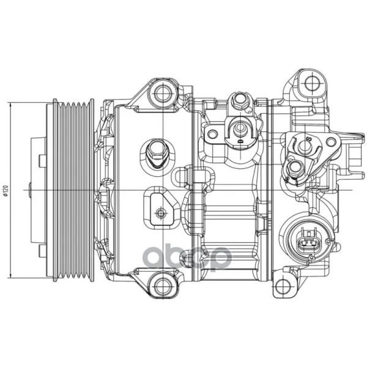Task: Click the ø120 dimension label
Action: pos(6,190)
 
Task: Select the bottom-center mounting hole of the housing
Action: pos(162,286)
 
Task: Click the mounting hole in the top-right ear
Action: pos(312,83)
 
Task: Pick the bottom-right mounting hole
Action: pos(283,286)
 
